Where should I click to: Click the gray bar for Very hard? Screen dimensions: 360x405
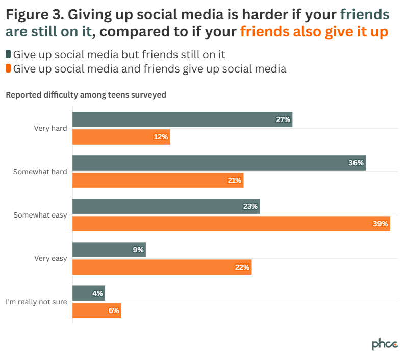click(182, 119)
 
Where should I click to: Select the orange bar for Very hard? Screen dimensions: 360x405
click(121, 137)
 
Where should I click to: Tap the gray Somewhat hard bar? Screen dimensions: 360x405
click(219, 163)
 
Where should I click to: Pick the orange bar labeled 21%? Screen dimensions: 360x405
click(158, 180)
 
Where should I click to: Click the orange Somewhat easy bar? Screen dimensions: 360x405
click(231, 224)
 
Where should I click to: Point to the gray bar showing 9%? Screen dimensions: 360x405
click(109, 250)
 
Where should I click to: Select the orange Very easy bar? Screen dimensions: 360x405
click(162, 267)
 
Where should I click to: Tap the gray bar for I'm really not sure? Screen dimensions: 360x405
click(89, 293)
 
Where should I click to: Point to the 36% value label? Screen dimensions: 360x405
click(356, 163)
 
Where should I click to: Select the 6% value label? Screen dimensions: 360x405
click(113, 310)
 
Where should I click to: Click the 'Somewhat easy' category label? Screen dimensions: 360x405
click(40, 215)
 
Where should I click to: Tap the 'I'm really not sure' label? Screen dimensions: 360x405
click(36, 302)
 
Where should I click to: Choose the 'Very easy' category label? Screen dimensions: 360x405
click(50, 258)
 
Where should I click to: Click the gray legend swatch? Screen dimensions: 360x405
click(8, 54)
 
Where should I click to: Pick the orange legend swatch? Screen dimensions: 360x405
click(8, 68)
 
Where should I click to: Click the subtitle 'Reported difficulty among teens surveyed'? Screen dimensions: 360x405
click(86, 94)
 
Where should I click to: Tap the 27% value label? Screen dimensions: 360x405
click(283, 119)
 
